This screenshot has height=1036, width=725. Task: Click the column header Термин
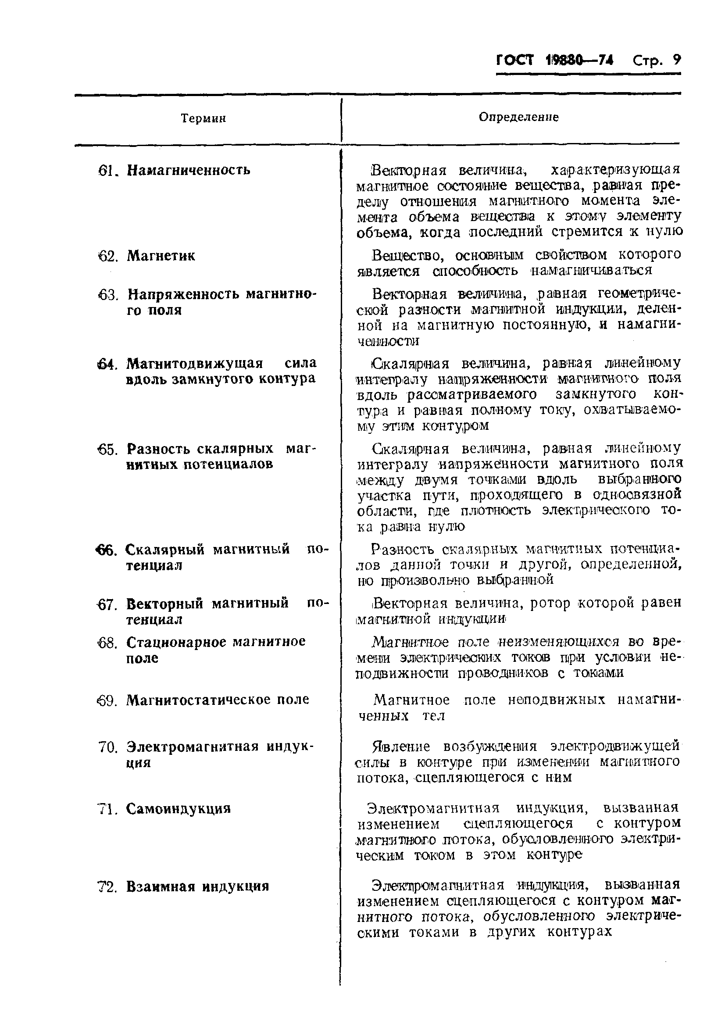[x=203, y=119]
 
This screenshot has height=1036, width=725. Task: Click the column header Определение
[x=518, y=117]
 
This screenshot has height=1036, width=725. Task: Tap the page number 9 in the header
[x=676, y=60]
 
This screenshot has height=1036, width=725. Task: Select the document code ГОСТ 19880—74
[x=554, y=61]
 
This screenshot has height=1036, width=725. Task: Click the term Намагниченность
[x=188, y=170]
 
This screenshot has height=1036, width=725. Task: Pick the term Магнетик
[x=161, y=256]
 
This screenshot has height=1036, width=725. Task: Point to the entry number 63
[x=107, y=296]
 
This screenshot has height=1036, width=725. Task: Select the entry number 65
[x=107, y=450]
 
